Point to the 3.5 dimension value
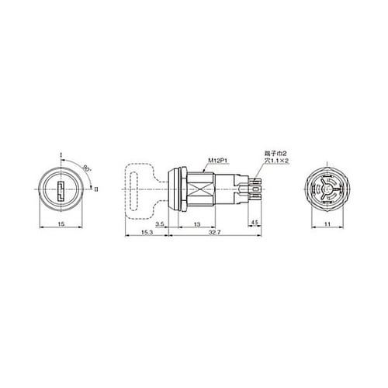point(160,226)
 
